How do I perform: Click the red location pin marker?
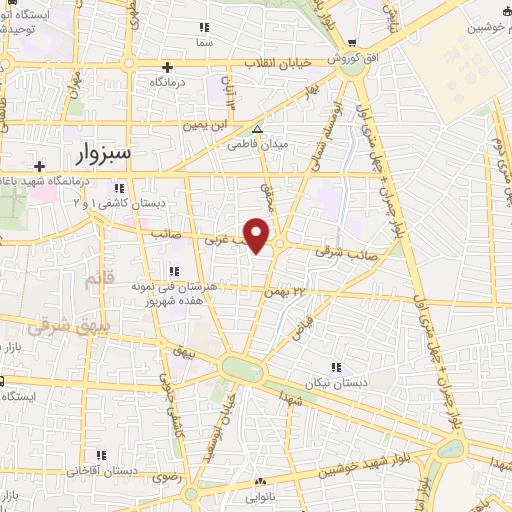pyautogui.click(x=257, y=234)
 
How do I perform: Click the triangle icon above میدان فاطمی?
pyautogui.click(x=258, y=130)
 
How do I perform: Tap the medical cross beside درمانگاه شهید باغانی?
pyautogui.click(x=39, y=166)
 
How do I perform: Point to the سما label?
pyautogui.click(x=205, y=43)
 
